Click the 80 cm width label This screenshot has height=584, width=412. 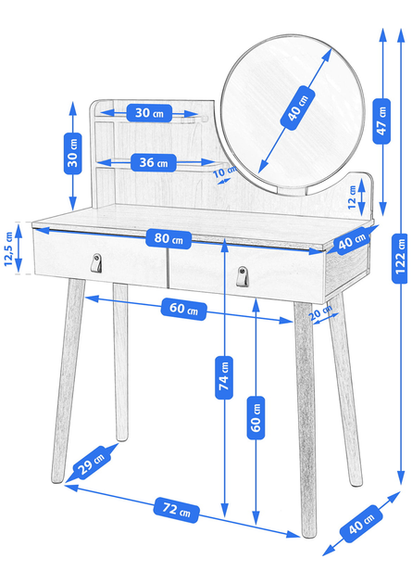[x=169, y=239]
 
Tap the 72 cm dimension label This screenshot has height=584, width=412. [x=176, y=510]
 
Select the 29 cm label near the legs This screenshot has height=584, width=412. [x=92, y=462]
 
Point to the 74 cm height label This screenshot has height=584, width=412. [x=224, y=377]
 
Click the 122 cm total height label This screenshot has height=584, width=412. [x=400, y=258]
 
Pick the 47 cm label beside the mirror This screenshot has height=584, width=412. [x=381, y=121]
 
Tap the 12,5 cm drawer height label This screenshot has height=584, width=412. [x=8, y=248]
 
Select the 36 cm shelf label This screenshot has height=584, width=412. [x=153, y=163]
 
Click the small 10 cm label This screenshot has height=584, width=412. [x=225, y=172]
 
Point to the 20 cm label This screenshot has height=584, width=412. [x=320, y=312]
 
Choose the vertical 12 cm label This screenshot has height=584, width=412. [x=352, y=197]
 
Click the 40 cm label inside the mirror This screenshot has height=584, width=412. [x=297, y=108]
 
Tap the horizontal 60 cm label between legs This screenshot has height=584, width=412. [x=183, y=309]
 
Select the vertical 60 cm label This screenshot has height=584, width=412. [x=256, y=417]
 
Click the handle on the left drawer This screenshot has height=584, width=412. [x=96, y=263]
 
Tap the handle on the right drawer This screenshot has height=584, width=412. [x=242, y=276]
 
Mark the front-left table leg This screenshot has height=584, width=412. [x=68, y=381]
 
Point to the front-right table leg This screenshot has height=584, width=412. [x=305, y=419]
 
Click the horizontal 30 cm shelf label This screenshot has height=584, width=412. [x=149, y=113]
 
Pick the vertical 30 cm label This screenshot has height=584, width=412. [x=73, y=154]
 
